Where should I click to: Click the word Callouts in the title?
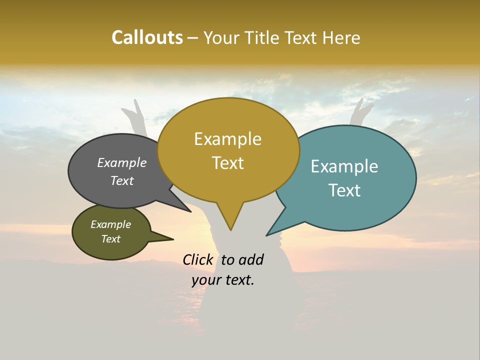(147, 37)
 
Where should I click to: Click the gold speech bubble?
(228, 185)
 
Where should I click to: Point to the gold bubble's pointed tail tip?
(230, 229)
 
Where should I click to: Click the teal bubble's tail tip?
(268, 235)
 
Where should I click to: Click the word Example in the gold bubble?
(227, 139)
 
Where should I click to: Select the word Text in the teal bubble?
(344, 190)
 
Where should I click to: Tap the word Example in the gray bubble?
(122, 162)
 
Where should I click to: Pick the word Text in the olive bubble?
(111, 239)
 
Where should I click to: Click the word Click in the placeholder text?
(197, 259)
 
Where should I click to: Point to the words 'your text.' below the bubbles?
(223, 280)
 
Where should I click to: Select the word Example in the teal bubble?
(344, 166)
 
